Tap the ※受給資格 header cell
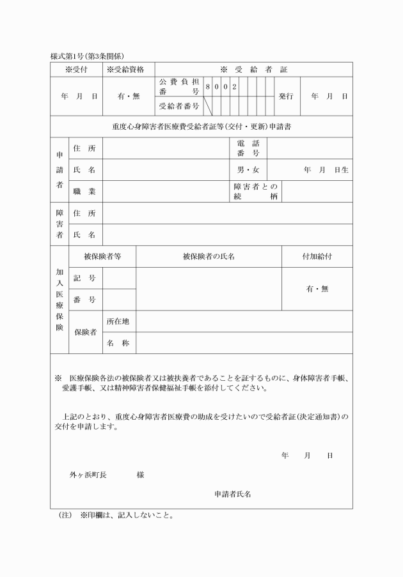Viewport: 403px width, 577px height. point(129,69)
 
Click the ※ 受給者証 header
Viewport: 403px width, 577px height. point(254,69)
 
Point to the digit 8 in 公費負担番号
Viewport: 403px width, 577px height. point(209,86)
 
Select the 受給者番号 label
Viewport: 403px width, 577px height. point(179,106)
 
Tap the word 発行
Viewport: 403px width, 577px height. point(286,96)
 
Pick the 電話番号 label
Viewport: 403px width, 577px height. point(248,148)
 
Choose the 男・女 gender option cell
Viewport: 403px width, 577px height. point(248,169)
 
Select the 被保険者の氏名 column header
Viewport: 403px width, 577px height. point(209,256)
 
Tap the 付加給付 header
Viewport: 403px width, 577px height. point(317,256)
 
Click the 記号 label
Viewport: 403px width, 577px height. point(84,278)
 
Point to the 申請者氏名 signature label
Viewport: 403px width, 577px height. point(232,494)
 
